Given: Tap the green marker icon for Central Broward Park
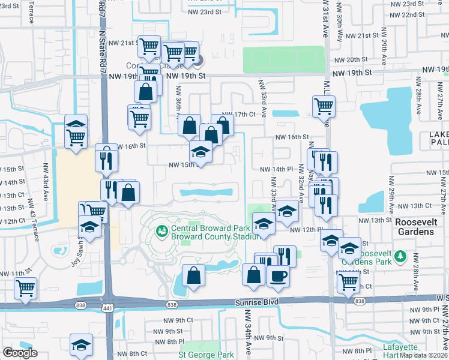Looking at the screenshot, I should point(161,230).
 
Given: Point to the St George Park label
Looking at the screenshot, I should point(206,355).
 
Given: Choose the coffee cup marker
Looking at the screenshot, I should point(278,276).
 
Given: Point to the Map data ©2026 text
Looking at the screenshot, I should point(423,355).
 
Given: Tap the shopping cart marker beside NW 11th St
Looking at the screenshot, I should point(25,288).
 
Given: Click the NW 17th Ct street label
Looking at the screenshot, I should point(239,114).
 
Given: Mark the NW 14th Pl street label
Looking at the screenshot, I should point(276,169).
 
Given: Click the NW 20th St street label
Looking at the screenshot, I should point(351,59).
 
